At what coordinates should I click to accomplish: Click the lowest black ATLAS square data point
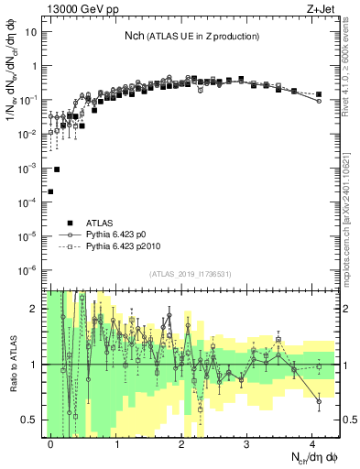50,191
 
